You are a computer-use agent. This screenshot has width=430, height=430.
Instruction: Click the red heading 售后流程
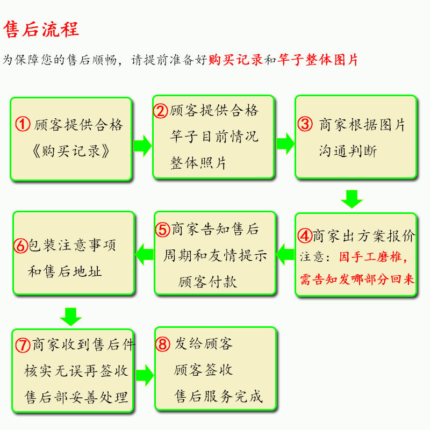click(41, 29)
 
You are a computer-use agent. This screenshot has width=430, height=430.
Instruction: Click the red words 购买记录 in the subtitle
click(235, 60)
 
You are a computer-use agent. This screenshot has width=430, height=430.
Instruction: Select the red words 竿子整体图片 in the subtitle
click(318, 60)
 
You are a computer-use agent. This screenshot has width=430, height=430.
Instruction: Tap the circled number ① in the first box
click(23, 125)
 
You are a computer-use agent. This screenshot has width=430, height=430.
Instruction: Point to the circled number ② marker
click(161, 111)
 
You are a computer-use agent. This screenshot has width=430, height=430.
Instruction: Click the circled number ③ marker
click(305, 125)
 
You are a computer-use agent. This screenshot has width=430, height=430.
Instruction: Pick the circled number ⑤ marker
click(163, 230)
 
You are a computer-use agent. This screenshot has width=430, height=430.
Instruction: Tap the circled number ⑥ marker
click(21, 246)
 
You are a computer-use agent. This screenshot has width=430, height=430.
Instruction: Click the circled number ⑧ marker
click(163, 344)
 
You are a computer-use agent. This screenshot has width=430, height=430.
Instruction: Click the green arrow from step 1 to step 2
click(142, 146)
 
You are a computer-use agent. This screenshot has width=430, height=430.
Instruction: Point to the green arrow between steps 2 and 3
click(285, 143)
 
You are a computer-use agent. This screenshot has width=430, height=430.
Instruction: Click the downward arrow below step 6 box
click(70, 316)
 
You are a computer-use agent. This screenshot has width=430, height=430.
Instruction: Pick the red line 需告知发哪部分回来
click(357, 279)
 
